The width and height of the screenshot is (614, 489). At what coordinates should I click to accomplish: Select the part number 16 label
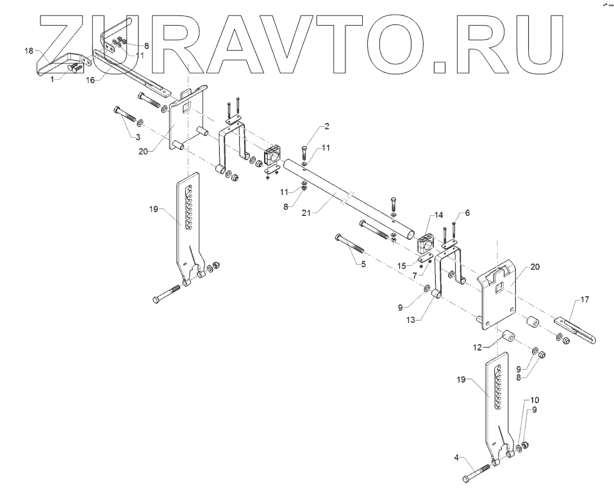click(90, 80)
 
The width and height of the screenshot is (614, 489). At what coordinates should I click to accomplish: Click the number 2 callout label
click(326, 126)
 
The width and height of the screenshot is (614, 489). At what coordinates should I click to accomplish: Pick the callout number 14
click(439, 215)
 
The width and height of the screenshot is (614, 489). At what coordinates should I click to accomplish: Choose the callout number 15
click(401, 265)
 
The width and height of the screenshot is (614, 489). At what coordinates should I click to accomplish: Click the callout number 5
click(363, 264)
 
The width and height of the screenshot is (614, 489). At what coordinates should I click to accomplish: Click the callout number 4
click(457, 458)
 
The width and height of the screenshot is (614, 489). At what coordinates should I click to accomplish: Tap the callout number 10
click(535, 400)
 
